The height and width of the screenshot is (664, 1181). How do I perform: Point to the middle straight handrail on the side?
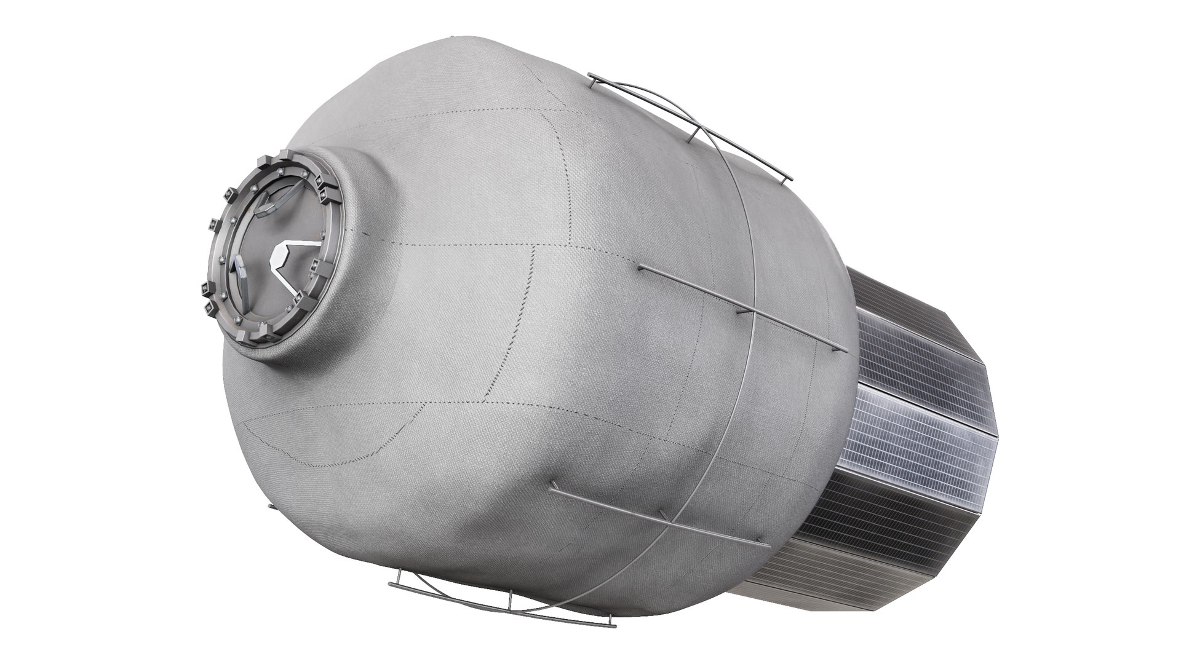pos(738,307)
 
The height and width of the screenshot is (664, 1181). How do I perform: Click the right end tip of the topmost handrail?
pos(790,179)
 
